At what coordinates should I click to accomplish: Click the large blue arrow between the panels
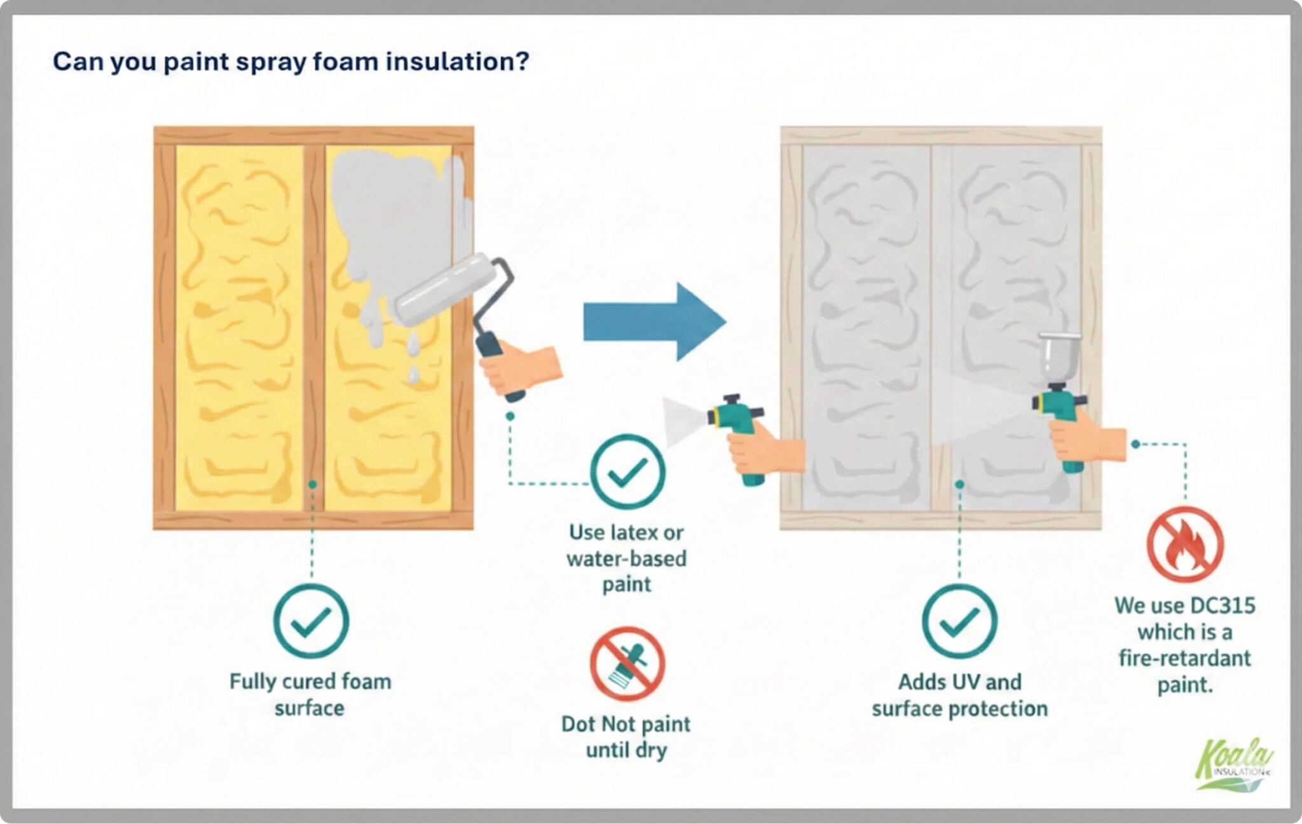click(x=652, y=321)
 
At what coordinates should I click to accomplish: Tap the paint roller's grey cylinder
click(x=445, y=289)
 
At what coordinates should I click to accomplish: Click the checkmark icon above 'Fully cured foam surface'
click(x=311, y=621)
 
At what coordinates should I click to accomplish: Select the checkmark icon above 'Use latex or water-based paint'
click(x=627, y=471)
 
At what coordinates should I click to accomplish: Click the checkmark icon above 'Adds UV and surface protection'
click(x=959, y=621)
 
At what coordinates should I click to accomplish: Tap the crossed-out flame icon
click(x=1184, y=544)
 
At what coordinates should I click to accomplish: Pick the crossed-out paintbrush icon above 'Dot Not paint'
click(x=627, y=663)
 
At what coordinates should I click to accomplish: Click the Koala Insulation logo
click(x=1232, y=764)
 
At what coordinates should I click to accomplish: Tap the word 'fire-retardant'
click(x=1184, y=658)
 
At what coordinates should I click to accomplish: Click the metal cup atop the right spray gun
click(x=1059, y=356)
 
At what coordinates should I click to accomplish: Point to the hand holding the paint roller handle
click(x=521, y=368)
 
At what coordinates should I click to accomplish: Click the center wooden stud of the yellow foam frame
click(x=314, y=327)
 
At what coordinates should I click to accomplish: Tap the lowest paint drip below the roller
click(x=414, y=375)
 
